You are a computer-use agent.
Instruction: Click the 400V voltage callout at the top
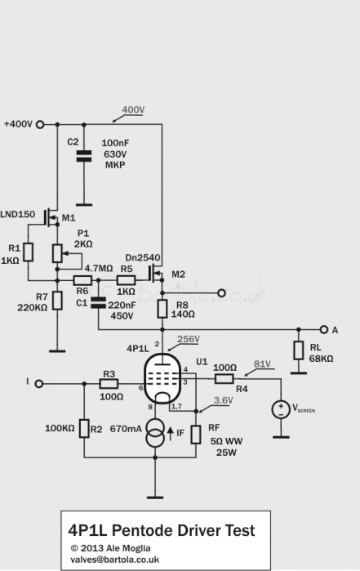click(x=134, y=110)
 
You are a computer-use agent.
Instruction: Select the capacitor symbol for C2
click(x=82, y=155)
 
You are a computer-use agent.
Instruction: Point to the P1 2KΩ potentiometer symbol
click(x=57, y=253)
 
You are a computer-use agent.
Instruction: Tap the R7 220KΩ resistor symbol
click(x=57, y=301)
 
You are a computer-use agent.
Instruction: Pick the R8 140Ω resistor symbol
click(x=162, y=310)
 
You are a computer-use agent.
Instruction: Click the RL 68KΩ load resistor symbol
click(x=300, y=350)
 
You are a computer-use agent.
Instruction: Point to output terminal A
click(x=325, y=330)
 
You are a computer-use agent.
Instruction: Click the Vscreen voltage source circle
click(x=281, y=408)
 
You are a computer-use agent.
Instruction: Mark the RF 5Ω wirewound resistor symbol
click(x=196, y=433)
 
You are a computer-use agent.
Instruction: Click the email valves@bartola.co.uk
click(x=114, y=559)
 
